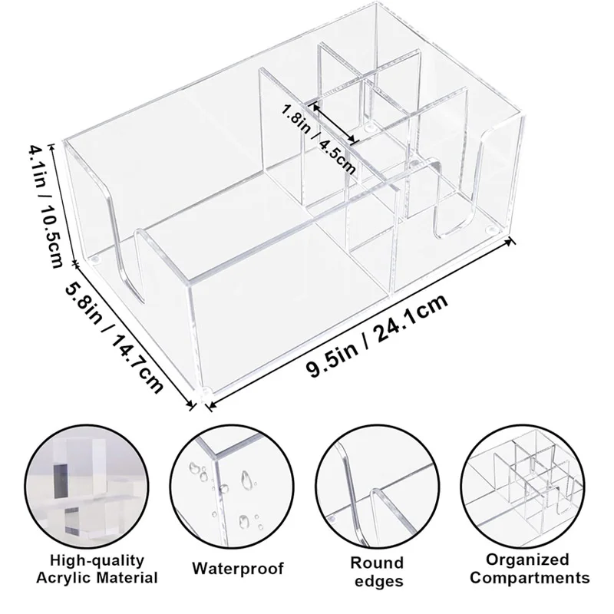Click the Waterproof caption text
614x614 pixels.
237,569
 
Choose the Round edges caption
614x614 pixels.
378,570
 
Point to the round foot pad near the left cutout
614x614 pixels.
94,262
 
